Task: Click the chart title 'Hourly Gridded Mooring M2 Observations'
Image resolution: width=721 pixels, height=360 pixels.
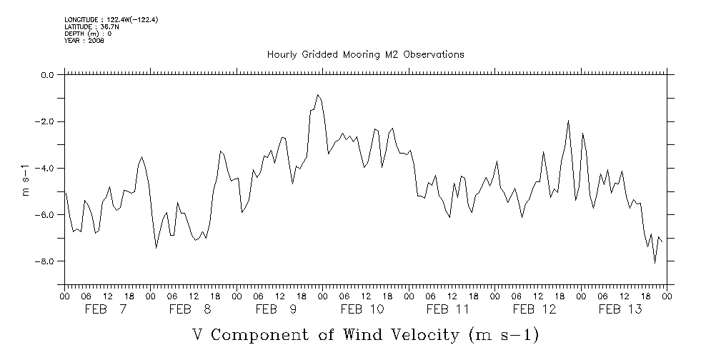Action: click(x=365, y=54)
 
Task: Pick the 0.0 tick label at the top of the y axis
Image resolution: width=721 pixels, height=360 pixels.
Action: click(x=47, y=75)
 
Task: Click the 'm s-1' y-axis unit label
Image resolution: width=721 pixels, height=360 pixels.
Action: click(x=26, y=179)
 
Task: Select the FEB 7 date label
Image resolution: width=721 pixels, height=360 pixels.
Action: click(x=106, y=309)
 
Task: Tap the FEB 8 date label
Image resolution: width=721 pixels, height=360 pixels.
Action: click(x=192, y=309)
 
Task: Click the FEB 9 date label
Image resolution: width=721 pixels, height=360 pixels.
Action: click(x=277, y=309)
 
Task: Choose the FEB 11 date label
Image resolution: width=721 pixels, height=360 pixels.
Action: click(x=448, y=309)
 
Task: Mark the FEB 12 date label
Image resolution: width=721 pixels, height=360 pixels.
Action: click(x=534, y=309)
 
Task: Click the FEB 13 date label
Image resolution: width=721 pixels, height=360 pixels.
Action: click(x=620, y=309)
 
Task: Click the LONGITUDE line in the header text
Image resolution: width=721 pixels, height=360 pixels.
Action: click(x=111, y=19)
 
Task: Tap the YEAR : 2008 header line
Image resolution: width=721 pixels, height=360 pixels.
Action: click(x=84, y=41)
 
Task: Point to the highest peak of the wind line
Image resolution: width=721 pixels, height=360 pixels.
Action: click(x=318, y=94)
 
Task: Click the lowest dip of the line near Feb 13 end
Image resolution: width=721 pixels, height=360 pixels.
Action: click(x=655, y=263)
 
